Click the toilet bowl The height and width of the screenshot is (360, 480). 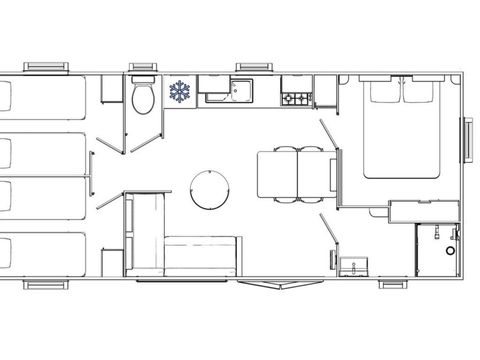(x=141, y=99)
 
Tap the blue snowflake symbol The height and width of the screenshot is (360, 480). (x=181, y=93)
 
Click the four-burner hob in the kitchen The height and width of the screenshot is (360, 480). (x=296, y=98)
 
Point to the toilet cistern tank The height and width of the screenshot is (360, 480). (x=141, y=82)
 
